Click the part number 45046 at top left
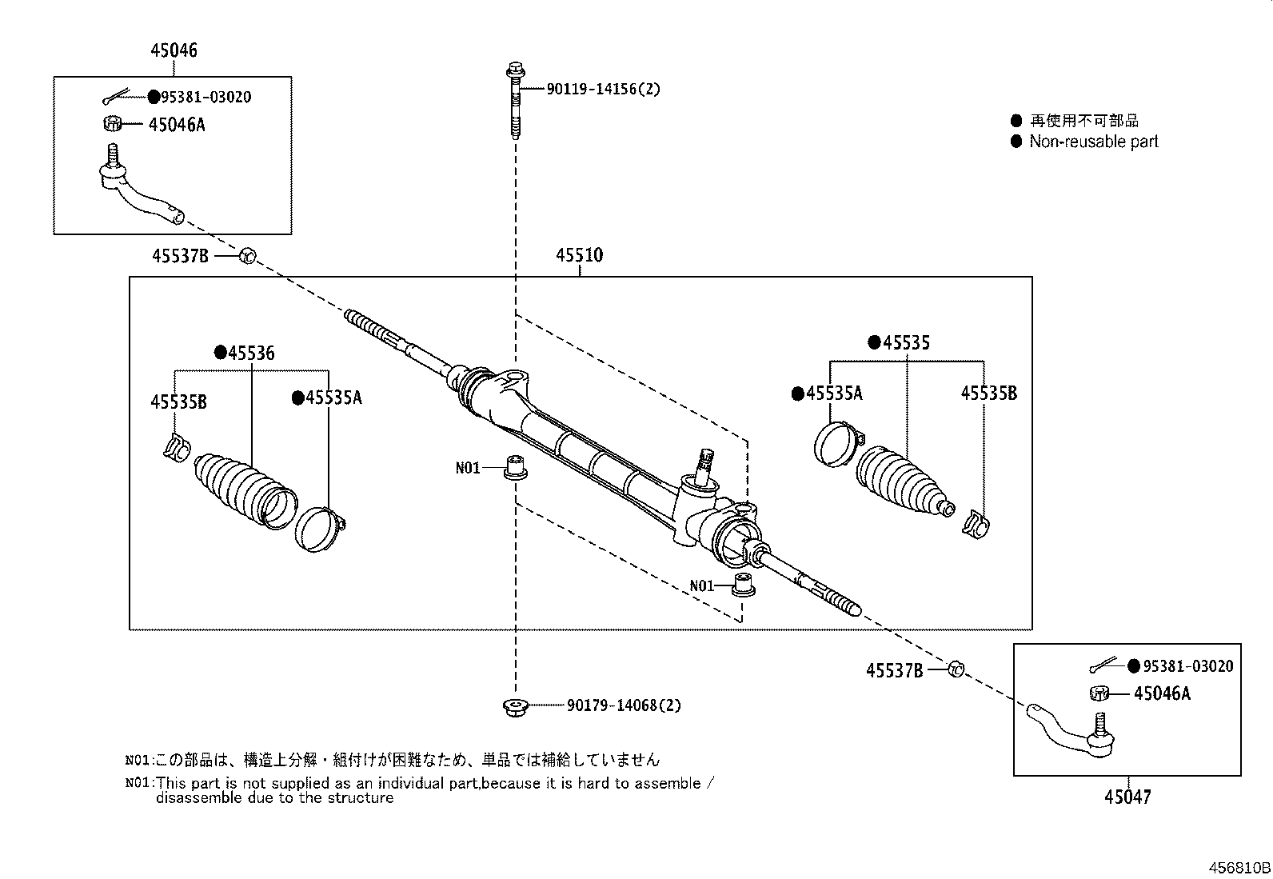[x=174, y=50]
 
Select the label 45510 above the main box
[x=579, y=255]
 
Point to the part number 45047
[x=1127, y=797]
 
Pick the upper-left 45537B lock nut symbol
[x=247, y=256]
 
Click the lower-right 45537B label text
[x=894, y=670]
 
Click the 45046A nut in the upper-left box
[x=113, y=124]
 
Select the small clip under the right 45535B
[x=976, y=524]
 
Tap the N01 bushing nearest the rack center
[x=516, y=468]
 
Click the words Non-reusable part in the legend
[x=1093, y=142]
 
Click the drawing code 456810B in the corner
[x=1239, y=868]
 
